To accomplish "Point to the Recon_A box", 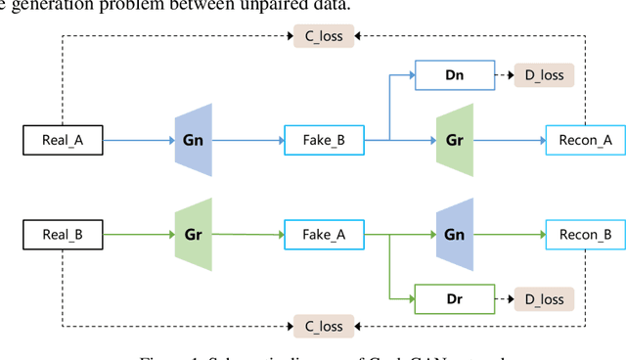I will pyautogui.click(x=579, y=141).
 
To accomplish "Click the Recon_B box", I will pyautogui.click(x=579, y=235).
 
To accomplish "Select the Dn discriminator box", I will pyautogui.click(x=450, y=74).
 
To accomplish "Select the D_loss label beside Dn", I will pyautogui.click(x=545, y=74).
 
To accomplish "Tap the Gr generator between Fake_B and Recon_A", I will pyautogui.click(x=454, y=141).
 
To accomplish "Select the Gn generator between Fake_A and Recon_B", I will pyautogui.click(x=454, y=235).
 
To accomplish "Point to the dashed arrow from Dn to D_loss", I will pyautogui.click(x=499, y=74).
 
